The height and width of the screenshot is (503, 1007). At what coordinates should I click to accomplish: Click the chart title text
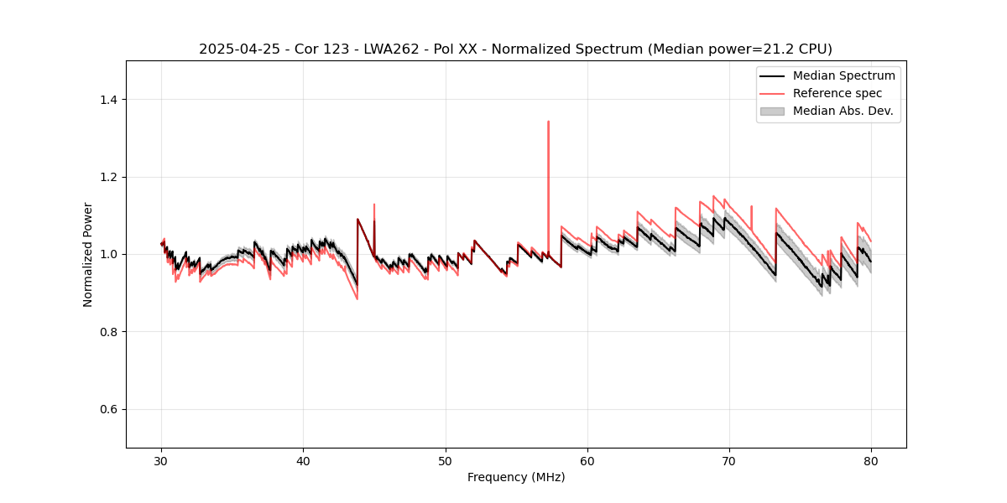515,49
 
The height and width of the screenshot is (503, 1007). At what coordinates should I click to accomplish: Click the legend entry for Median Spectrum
843,75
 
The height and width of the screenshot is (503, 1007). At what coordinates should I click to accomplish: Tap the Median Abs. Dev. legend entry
843,111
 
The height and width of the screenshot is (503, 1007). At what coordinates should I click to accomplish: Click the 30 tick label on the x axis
162,461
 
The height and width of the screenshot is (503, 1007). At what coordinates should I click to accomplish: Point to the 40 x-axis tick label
304,461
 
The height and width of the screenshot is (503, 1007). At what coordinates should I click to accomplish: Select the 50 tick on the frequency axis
446,461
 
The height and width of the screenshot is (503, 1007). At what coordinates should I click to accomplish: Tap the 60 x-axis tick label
587,461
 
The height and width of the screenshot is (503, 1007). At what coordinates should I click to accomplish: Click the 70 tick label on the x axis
729,461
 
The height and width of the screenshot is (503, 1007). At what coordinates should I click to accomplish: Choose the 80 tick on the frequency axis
871,461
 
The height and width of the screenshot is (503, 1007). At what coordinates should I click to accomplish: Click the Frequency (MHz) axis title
515,477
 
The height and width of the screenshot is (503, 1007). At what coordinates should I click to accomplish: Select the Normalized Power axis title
88,254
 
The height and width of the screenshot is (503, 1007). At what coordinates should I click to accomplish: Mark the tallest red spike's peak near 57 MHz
548,122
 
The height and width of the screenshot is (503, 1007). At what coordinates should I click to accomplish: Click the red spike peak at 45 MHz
374,205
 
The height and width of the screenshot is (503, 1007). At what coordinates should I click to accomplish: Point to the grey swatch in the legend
772,111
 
